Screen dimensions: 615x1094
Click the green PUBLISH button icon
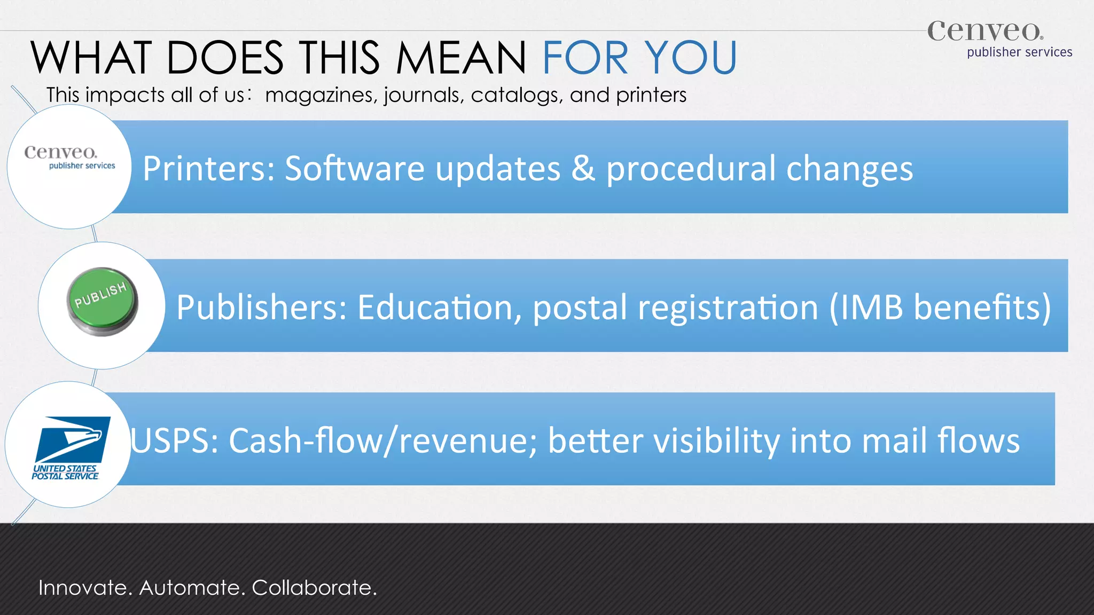click(103, 302)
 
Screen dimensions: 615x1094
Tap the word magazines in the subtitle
click(321, 96)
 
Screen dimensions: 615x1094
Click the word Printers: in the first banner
click(208, 169)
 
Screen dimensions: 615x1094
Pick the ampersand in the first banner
click(583, 169)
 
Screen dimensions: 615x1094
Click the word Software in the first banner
click(355, 169)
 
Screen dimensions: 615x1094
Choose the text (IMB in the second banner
click(866, 307)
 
